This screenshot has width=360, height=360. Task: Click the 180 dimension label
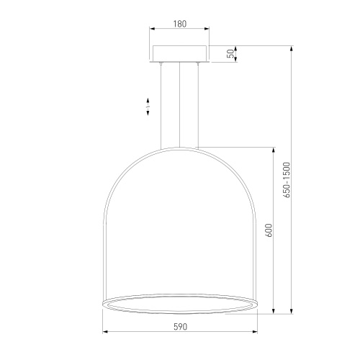tap(180, 24)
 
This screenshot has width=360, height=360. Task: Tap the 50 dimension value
tap(230, 54)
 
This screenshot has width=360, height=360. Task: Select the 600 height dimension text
tap(270, 230)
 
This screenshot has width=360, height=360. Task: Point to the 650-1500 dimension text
tap(287, 180)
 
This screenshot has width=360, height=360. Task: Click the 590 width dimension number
tap(180, 327)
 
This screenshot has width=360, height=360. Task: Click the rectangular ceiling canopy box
tap(180, 54)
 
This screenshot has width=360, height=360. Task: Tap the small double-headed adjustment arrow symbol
tap(148, 107)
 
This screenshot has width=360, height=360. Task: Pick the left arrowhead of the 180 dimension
tap(152, 29)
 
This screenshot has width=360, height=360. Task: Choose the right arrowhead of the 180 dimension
tap(207, 29)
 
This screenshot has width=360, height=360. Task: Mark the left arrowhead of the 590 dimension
tap(105, 332)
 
